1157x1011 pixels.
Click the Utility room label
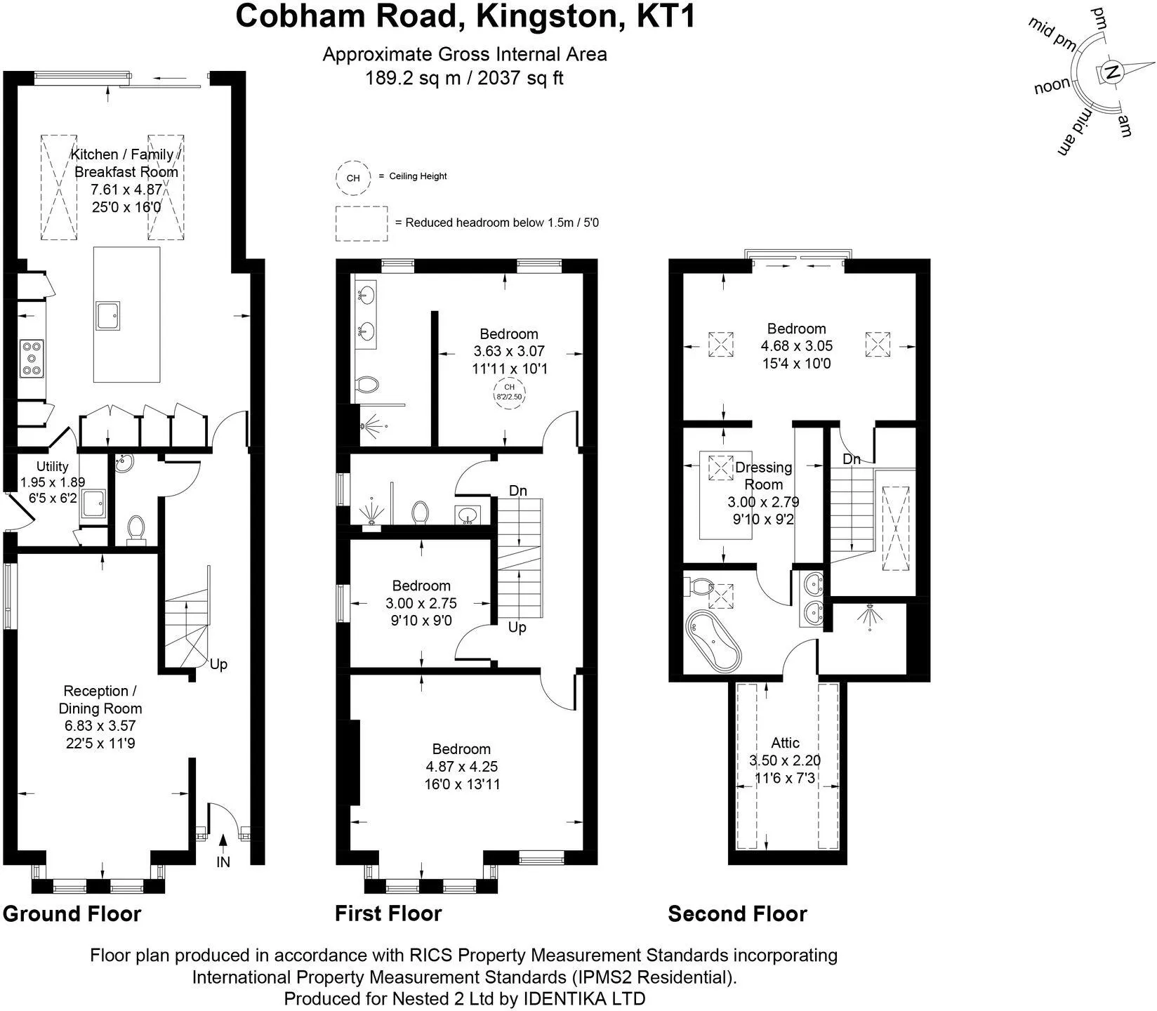53,466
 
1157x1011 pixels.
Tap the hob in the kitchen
32,358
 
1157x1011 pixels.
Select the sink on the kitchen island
109,315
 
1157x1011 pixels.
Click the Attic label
785,743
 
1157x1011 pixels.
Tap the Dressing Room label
763,476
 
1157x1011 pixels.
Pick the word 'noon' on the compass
1052,86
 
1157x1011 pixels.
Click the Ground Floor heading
72,913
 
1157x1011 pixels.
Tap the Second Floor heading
738,913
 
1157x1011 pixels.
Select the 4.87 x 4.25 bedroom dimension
462,767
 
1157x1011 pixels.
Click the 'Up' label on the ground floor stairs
218,664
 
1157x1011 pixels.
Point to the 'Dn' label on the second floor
852,459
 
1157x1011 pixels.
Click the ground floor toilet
135,529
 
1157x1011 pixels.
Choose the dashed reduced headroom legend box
362,223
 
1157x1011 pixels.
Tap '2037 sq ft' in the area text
520,77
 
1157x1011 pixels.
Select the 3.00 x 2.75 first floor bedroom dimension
421,603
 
